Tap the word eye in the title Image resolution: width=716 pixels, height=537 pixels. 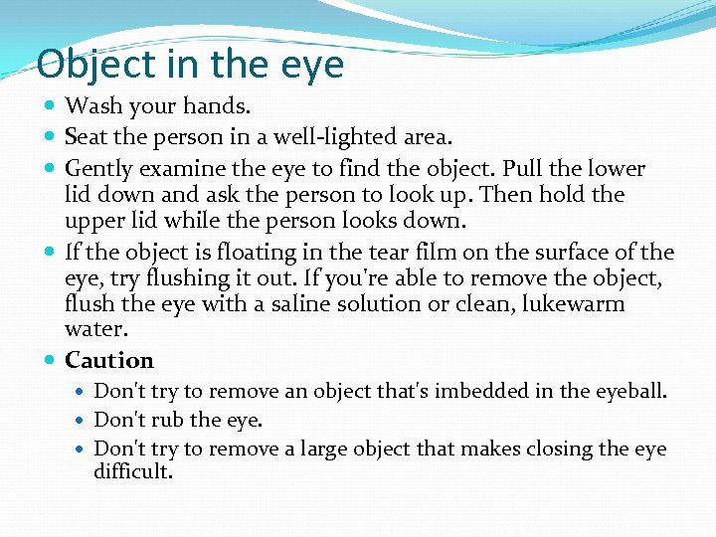(x=311, y=66)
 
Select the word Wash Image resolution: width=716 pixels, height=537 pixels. (x=90, y=104)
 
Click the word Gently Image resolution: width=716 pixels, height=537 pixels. (x=97, y=169)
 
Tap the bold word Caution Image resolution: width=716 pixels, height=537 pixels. (x=109, y=360)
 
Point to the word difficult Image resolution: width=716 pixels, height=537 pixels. (x=133, y=472)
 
